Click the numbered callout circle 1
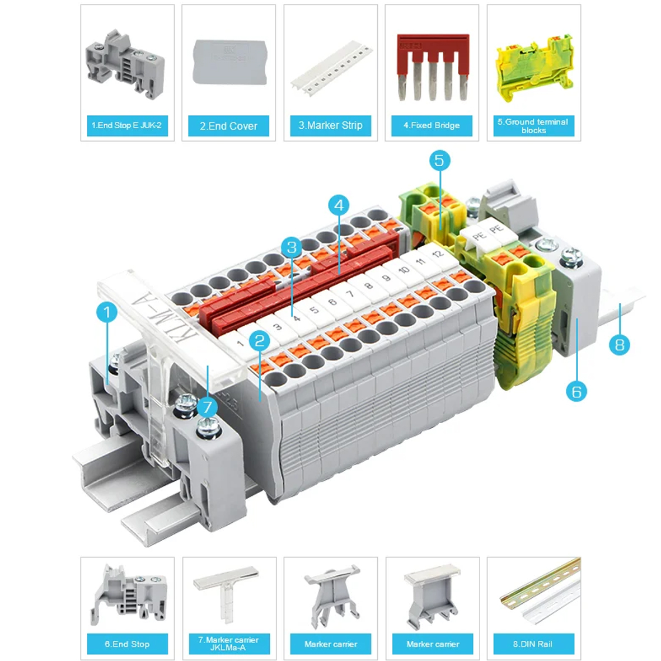[x=107, y=312]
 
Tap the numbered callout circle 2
[x=259, y=340]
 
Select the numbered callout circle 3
[x=291, y=247]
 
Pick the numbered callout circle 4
[x=339, y=205]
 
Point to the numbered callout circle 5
[x=439, y=161]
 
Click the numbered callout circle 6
[x=576, y=391]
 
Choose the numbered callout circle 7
[x=208, y=406]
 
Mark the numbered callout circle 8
[x=619, y=344]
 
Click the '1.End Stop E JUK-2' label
[x=127, y=125]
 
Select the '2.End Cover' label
[x=228, y=126]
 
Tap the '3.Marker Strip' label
[x=330, y=125]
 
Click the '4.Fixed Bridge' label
[x=432, y=125]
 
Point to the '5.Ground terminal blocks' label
[x=533, y=126]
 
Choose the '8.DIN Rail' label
[x=533, y=644]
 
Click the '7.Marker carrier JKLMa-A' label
[x=228, y=644]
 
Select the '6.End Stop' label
[x=127, y=644]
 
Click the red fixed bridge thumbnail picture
[x=432, y=67]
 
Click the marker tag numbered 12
[x=437, y=254]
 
